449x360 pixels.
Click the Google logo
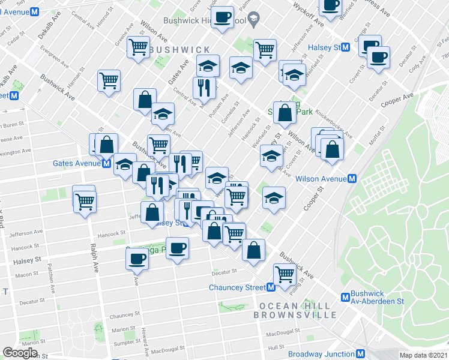(20, 353)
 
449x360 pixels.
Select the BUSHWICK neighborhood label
(179, 49)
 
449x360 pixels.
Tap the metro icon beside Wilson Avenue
(352, 178)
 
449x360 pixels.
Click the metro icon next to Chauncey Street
(271, 287)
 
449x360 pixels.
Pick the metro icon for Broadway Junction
(361, 354)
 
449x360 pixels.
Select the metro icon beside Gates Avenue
(106, 163)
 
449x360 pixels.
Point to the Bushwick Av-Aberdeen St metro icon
(345, 296)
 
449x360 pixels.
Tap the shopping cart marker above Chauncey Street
(285, 274)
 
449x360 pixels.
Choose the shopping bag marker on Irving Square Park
(285, 112)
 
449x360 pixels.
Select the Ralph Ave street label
(94, 258)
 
